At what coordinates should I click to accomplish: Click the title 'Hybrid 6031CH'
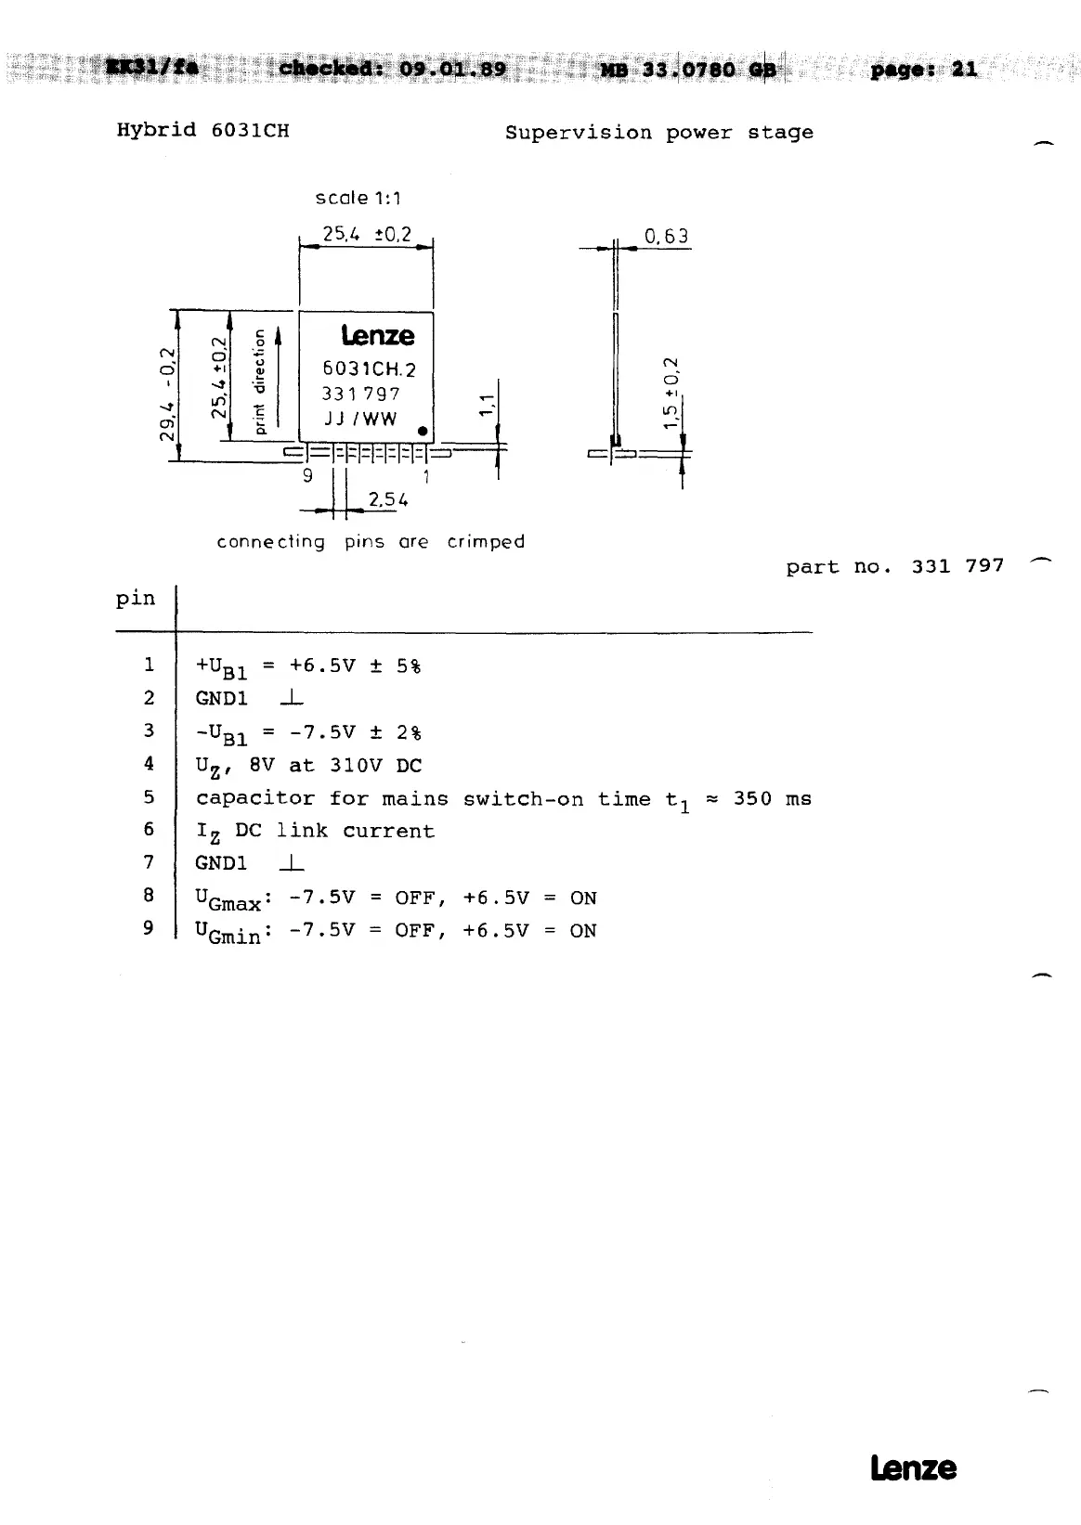click(x=202, y=131)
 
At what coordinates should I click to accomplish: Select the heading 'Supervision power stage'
click(x=658, y=133)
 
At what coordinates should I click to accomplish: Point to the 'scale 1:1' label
click(x=358, y=198)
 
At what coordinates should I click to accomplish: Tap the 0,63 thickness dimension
click(x=667, y=236)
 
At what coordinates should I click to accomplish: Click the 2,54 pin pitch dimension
click(x=388, y=500)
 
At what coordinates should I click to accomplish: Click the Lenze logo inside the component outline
click(x=377, y=335)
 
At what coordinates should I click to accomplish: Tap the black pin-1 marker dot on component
click(x=422, y=432)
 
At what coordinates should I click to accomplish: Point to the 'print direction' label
click(x=260, y=382)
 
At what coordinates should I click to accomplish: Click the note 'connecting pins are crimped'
click(x=371, y=542)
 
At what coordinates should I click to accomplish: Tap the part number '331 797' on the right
click(x=957, y=566)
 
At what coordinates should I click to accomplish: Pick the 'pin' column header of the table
click(x=136, y=599)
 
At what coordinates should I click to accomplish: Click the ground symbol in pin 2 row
click(x=291, y=698)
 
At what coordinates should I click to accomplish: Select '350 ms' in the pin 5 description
click(x=772, y=799)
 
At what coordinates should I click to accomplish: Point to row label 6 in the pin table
click(x=148, y=830)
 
